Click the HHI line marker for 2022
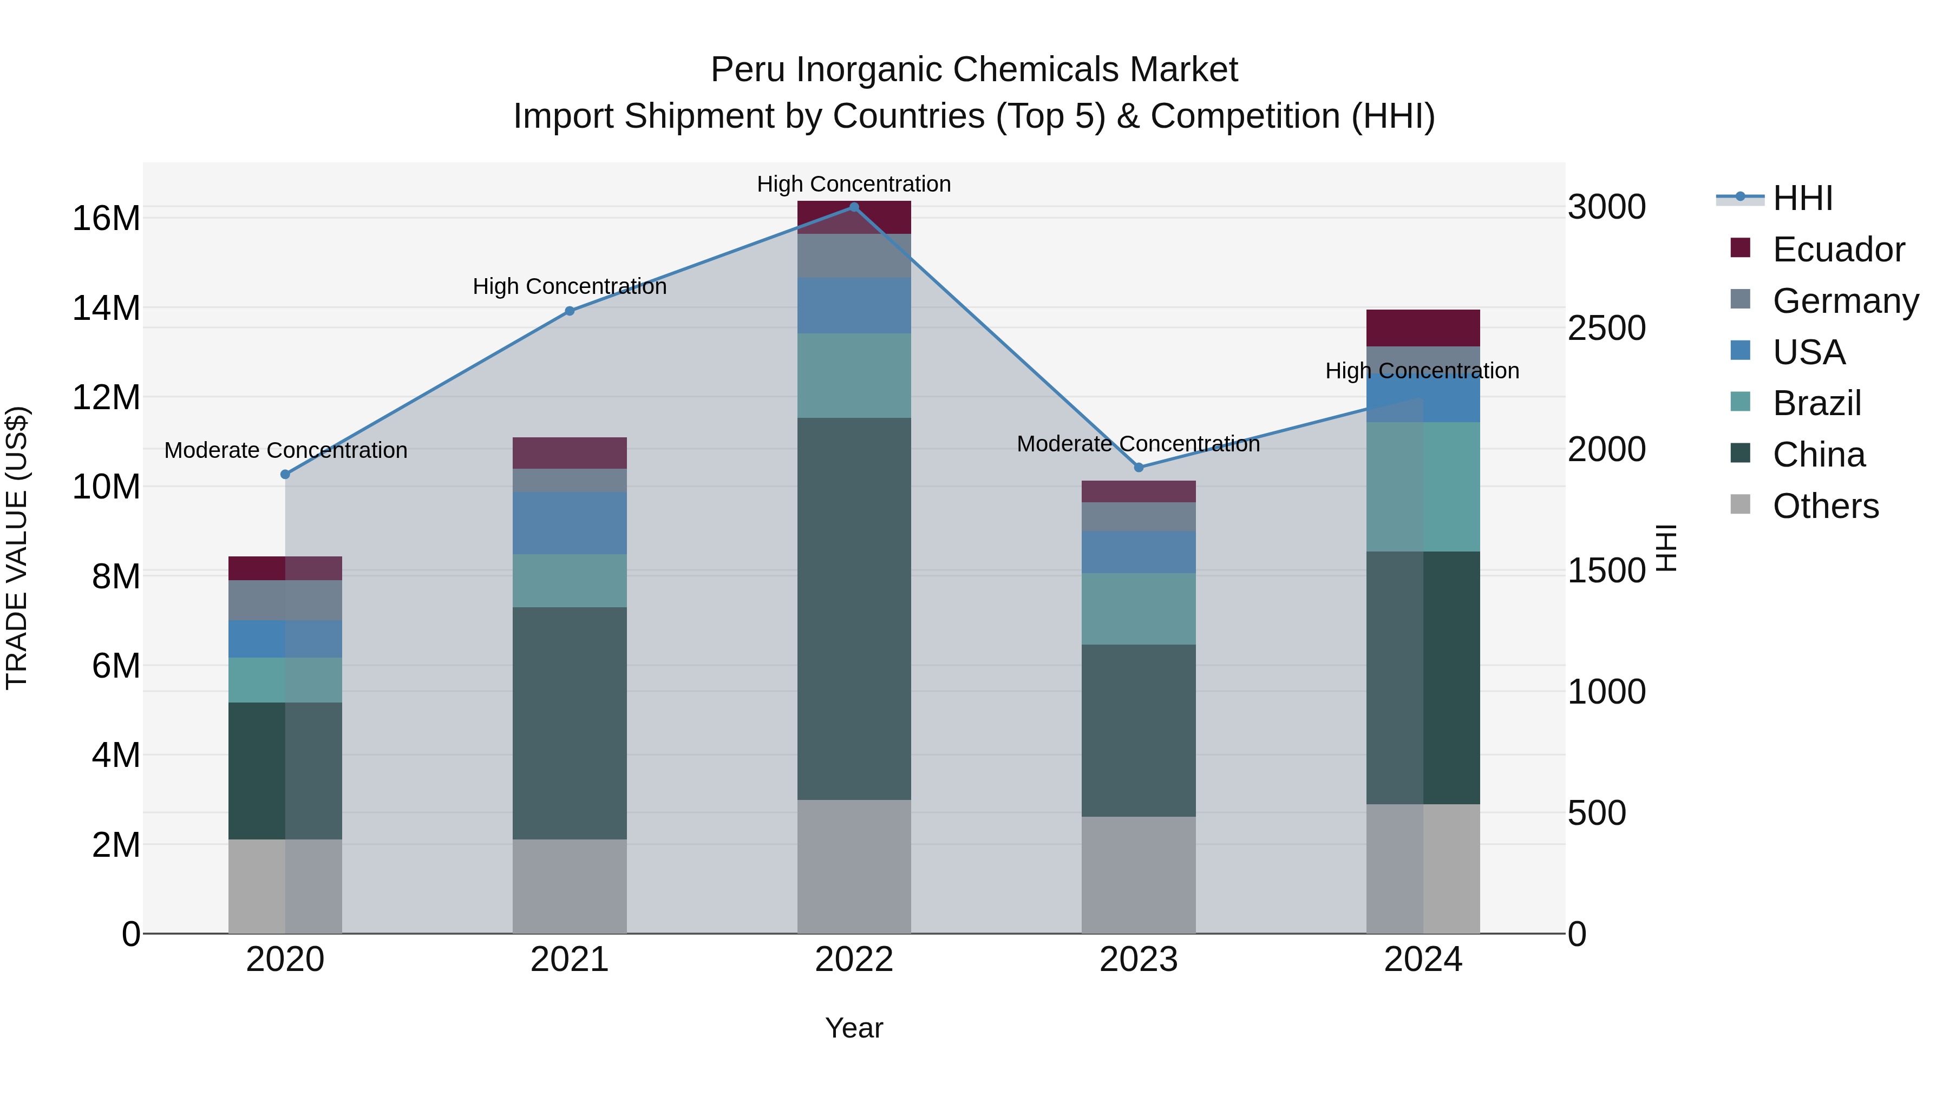(854, 207)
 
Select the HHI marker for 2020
(285, 474)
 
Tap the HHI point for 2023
(1139, 468)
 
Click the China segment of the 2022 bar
(854, 609)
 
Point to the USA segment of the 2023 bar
(1139, 552)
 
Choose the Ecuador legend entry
(1838, 250)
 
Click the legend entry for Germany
(1846, 301)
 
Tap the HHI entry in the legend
(1802, 198)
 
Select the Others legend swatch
(1740, 504)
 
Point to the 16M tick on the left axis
(106, 219)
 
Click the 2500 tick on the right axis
(1606, 329)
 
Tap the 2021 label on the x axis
(570, 960)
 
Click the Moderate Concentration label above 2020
(285, 450)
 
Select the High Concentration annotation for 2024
(1422, 371)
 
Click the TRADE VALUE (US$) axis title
(17, 548)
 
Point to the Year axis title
(854, 1028)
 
